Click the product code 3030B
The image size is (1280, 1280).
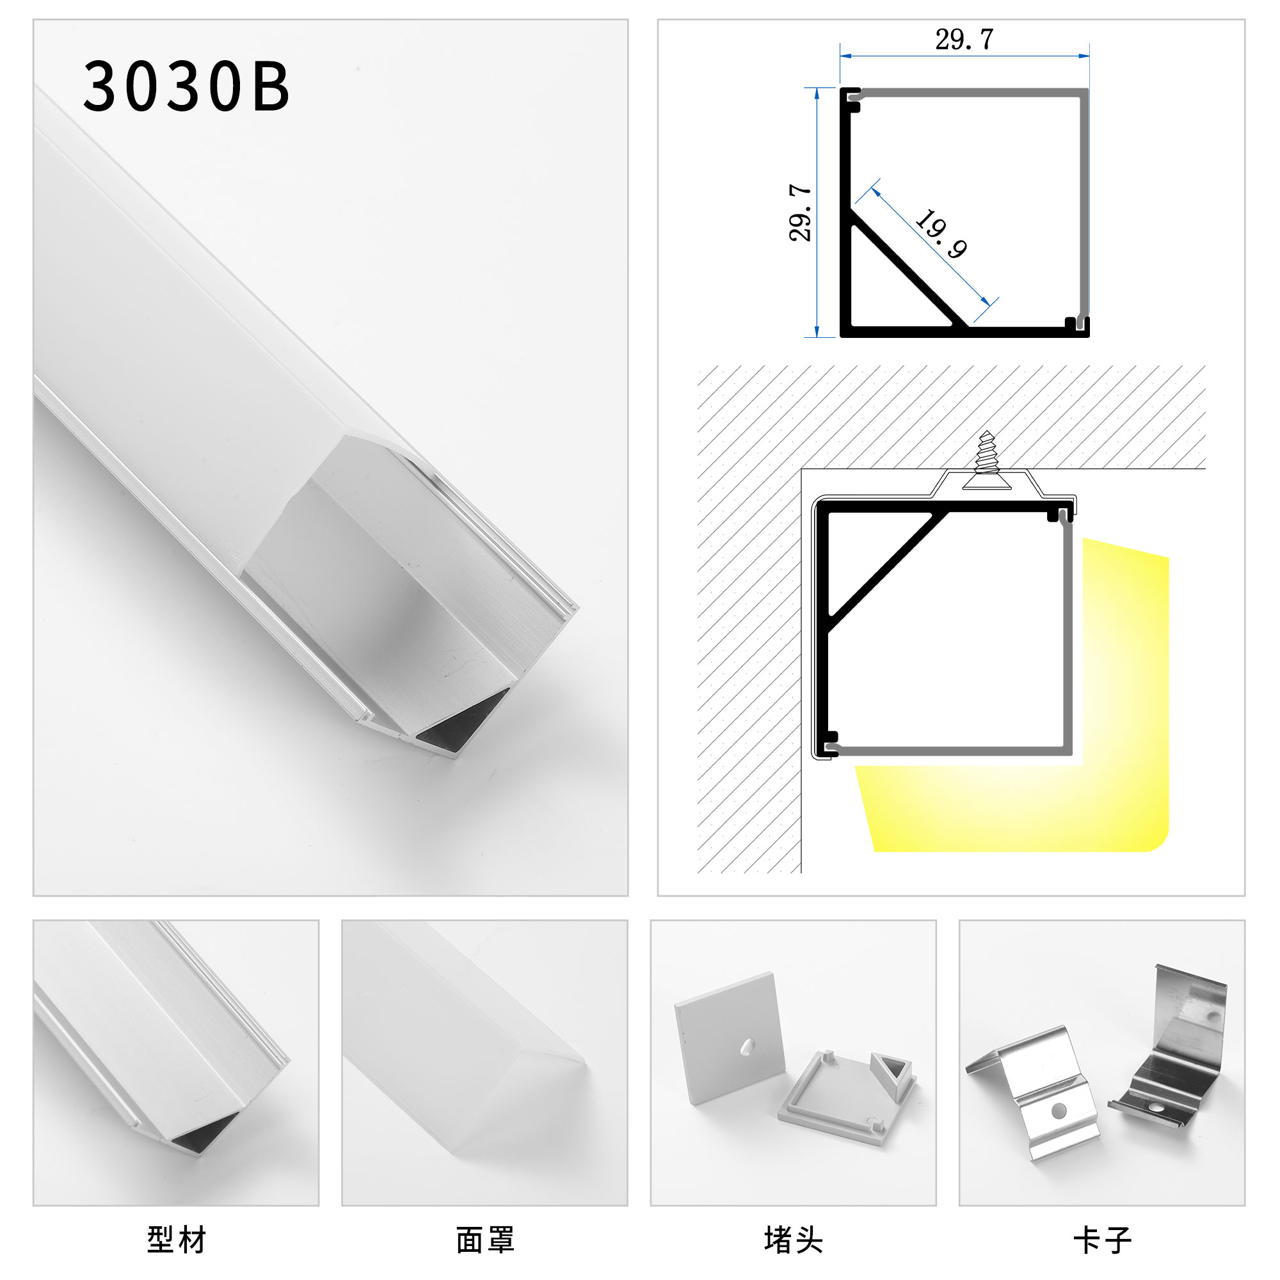pyautogui.click(x=186, y=86)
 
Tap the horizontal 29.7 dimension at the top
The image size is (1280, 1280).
pyautogui.click(x=964, y=40)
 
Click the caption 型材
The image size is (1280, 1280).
pyautogui.click(x=176, y=1240)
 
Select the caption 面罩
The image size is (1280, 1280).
pyautogui.click(x=485, y=1240)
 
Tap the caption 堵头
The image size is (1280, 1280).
pyautogui.click(x=793, y=1240)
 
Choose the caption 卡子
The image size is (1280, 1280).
pyautogui.click(x=1103, y=1240)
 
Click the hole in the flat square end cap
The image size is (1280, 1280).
pyautogui.click(x=746, y=1046)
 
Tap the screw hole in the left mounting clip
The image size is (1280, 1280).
pyautogui.click(x=1059, y=1109)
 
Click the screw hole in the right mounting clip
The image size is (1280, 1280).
pyautogui.click(x=1156, y=1107)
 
